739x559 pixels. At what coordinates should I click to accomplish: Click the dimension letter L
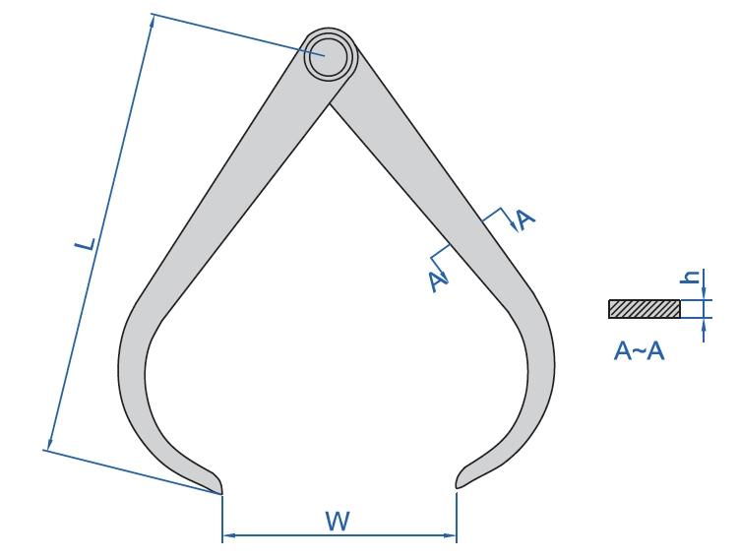pyautogui.click(x=86, y=245)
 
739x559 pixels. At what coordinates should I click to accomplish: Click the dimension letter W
pyautogui.click(x=338, y=522)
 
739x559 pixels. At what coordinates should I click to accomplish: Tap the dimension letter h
pyautogui.click(x=691, y=277)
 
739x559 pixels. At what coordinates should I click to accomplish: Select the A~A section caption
pyautogui.click(x=639, y=350)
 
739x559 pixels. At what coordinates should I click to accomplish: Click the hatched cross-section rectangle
pyautogui.click(x=645, y=309)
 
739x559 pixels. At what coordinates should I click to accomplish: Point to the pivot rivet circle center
pyautogui.click(x=329, y=56)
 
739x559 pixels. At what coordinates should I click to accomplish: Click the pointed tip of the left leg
pyautogui.click(x=220, y=493)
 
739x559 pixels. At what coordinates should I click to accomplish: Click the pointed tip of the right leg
pyautogui.click(x=457, y=487)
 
